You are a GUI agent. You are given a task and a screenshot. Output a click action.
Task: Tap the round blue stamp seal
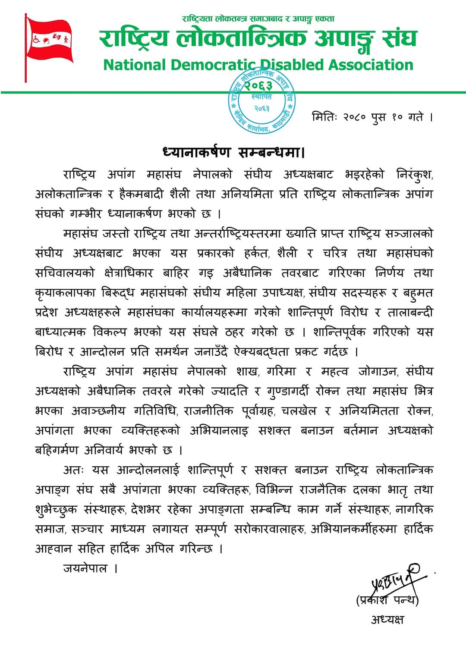pos(261,101)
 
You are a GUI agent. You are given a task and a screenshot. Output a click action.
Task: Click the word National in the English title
pos(135,65)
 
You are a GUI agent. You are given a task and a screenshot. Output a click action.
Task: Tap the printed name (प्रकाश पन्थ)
pos(387,600)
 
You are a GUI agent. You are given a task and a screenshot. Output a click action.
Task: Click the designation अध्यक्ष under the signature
pos(387,620)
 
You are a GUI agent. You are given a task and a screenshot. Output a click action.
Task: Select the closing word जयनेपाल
pos(85,568)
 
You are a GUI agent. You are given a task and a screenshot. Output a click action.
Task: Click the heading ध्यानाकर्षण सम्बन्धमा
pos(233,152)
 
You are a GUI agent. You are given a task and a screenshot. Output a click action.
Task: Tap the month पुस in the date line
pos(378,117)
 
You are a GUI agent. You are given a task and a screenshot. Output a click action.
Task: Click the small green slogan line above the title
pos(258,19)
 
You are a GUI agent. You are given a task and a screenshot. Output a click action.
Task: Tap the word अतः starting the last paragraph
pos(74,470)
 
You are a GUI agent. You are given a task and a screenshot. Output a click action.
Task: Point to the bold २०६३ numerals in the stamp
pos(258,86)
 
